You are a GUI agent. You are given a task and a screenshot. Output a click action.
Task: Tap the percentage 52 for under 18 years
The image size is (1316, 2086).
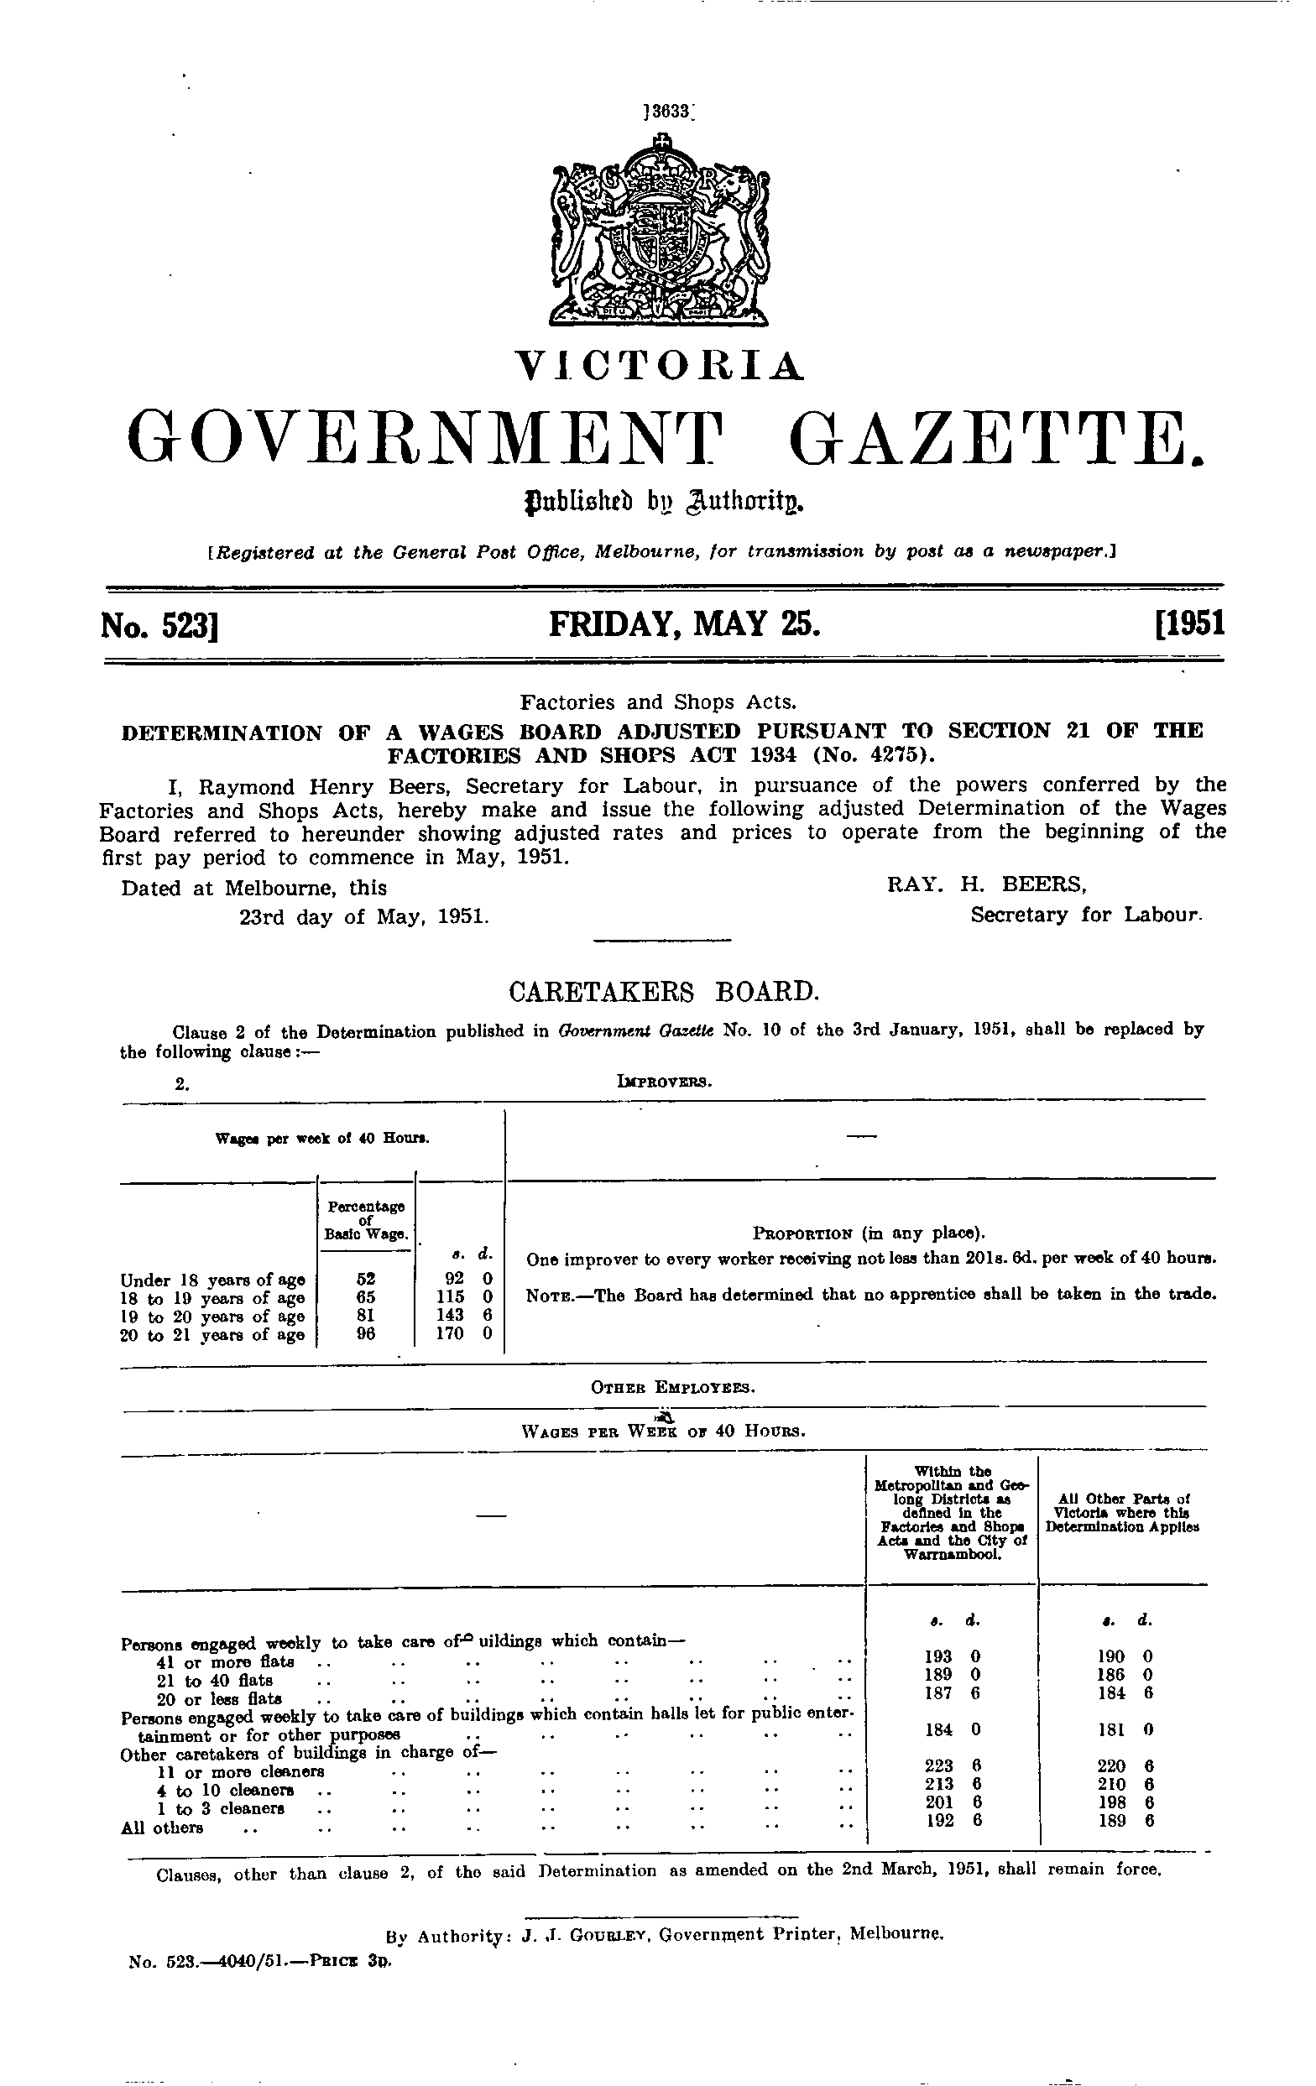[x=367, y=1279]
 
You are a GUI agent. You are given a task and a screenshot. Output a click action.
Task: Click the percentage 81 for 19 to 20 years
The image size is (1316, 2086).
[x=367, y=1316]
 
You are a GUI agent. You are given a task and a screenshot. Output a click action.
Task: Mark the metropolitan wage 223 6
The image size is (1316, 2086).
[x=951, y=1765]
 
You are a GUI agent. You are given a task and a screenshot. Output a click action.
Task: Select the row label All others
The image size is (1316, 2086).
[x=162, y=1828]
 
